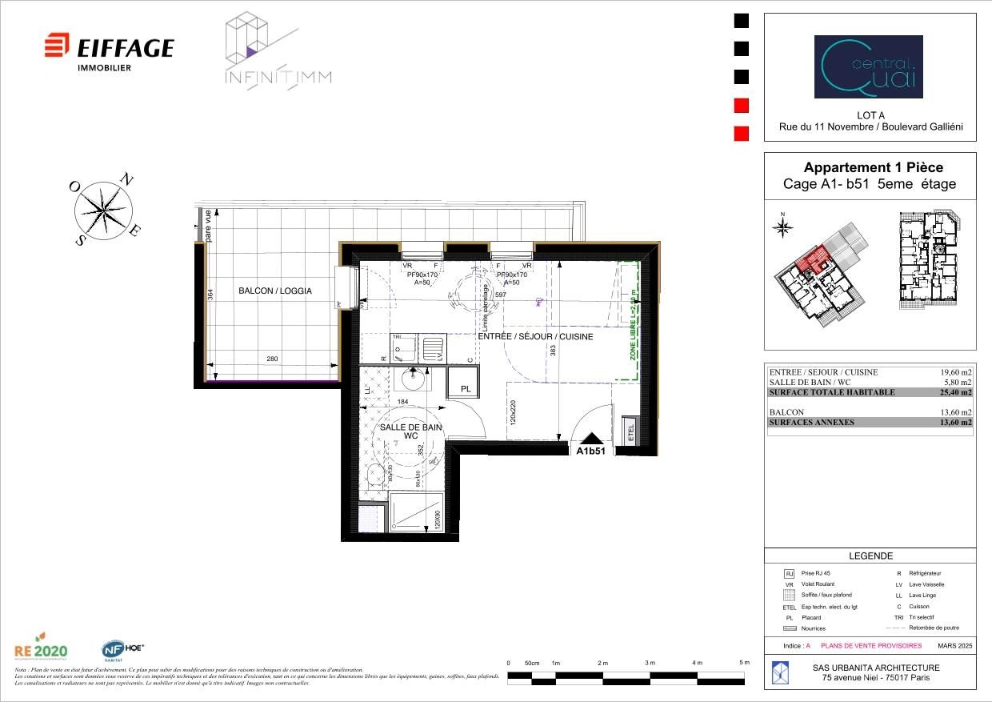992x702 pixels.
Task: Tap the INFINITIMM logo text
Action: pyautogui.click(x=278, y=78)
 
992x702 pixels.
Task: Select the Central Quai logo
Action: pyautogui.click(x=868, y=66)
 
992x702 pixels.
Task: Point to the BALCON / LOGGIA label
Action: pyautogui.click(x=274, y=291)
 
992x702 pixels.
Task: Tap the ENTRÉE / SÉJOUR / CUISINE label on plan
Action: pyautogui.click(x=535, y=337)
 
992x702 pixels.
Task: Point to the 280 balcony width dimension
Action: pyautogui.click(x=272, y=359)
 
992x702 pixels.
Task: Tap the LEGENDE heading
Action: pyautogui.click(x=870, y=556)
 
